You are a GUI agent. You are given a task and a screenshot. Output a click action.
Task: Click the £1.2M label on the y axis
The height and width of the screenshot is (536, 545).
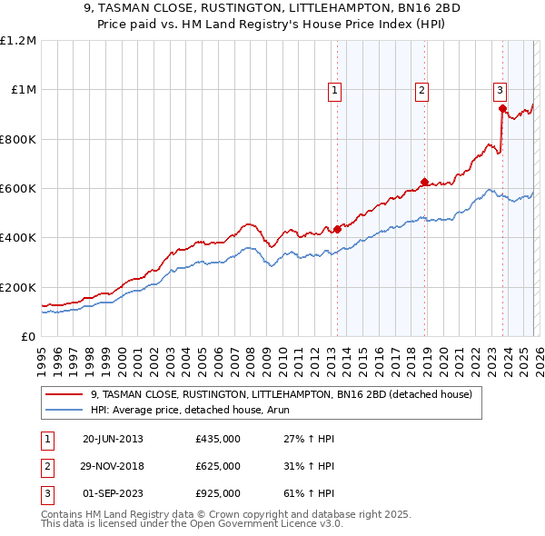[x=18, y=41]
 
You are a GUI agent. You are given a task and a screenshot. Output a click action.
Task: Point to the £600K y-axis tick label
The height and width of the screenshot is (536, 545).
[x=18, y=189]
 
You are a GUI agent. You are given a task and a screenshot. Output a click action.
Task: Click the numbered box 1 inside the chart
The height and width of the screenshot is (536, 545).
[x=335, y=90]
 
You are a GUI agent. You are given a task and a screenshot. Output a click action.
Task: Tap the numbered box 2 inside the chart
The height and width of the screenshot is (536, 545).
[x=422, y=90]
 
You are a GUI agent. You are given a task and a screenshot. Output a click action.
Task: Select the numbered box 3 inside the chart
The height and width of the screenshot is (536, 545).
[x=500, y=90]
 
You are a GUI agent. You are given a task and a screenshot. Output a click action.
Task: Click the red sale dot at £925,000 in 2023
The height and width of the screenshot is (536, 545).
[x=502, y=108]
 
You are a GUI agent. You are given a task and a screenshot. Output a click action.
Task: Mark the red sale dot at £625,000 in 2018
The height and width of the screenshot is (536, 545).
[x=424, y=182]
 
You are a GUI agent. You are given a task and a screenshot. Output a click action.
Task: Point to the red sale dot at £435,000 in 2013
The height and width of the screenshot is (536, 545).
[x=337, y=229]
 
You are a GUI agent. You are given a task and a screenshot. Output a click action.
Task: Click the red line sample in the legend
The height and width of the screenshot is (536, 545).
[x=64, y=395]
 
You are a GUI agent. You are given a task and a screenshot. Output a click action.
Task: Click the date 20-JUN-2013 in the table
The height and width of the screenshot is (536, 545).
[x=113, y=439]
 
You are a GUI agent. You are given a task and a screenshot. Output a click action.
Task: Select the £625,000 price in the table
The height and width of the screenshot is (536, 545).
[x=217, y=466]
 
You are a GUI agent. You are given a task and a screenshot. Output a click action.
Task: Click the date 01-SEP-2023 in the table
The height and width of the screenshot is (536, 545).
[x=113, y=493]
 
